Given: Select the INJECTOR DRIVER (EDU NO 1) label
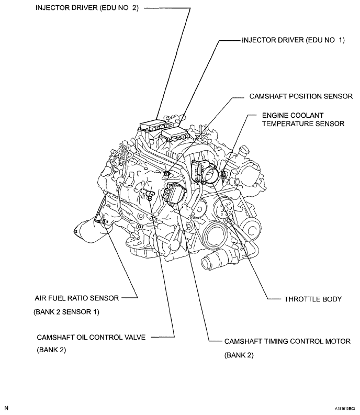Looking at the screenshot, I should pos(292,40).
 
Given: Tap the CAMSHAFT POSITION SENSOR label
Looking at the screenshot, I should pos(301,96).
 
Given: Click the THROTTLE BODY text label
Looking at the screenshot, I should pos(312,299).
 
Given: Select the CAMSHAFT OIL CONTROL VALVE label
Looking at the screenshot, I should pos(91,337).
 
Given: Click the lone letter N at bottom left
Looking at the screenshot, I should pos(7,407).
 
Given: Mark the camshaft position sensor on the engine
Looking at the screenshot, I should pos(166,173).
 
